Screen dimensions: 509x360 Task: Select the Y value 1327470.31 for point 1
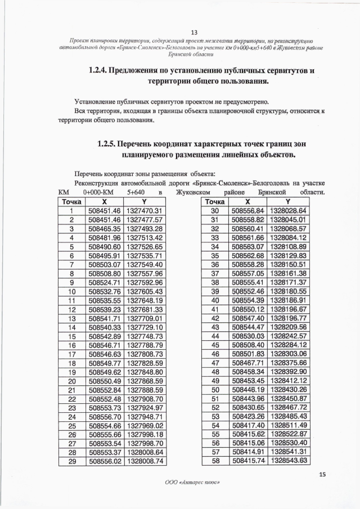(144, 210)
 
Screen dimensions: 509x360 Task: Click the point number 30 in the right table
(214, 210)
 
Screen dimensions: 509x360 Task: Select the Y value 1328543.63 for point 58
(288, 461)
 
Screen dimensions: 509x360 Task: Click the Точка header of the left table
(72, 201)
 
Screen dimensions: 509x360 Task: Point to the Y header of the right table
(288, 201)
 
